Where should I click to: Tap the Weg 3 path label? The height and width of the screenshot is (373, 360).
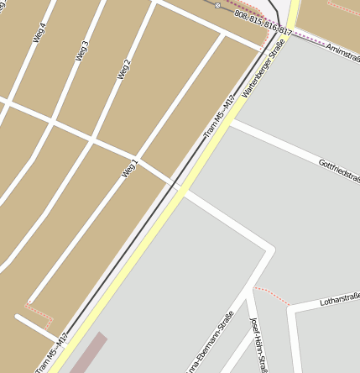(x=82, y=50)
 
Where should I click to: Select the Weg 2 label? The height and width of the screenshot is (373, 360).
(x=125, y=69)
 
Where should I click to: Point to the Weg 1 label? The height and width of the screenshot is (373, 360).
(x=129, y=167)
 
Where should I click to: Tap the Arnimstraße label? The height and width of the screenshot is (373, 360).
(x=342, y=51)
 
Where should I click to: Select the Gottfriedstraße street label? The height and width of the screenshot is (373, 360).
(x=339, y=171)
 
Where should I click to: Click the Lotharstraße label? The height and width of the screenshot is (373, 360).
(x=340, y=299)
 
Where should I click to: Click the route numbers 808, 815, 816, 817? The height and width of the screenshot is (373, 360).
(x=263, y=24)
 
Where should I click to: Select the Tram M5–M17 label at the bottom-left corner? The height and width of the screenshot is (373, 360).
(x=52, y=354)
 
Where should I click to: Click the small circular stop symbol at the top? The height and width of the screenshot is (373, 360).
(x=217, y=5)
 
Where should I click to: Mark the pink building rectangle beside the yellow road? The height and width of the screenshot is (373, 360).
(x=89, y=353)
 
